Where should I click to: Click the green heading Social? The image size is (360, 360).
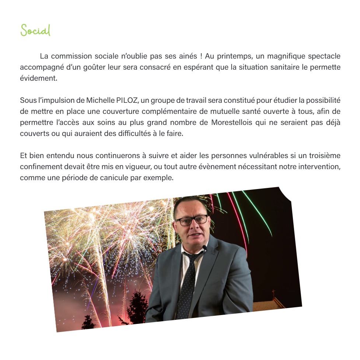[35, 30]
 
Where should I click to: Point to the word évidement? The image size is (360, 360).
[39, 78]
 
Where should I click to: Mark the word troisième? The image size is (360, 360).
[320, 156]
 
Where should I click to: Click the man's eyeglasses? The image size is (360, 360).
[191, 221]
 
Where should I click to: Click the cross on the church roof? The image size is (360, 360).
[273, 293]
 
